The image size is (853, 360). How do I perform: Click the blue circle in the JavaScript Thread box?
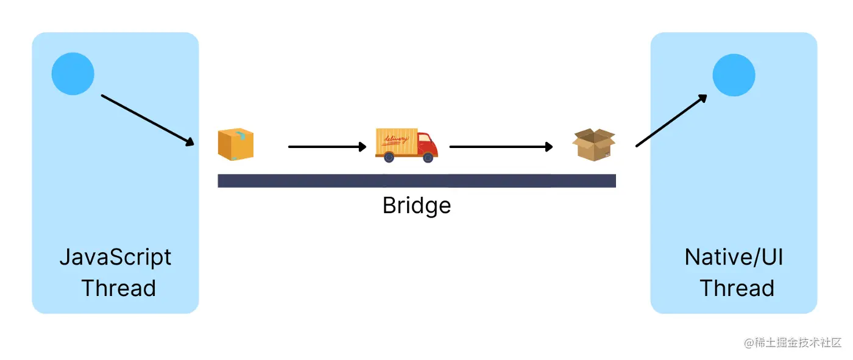73,74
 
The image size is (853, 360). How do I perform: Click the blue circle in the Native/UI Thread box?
734,75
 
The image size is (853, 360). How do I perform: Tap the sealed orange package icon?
236,145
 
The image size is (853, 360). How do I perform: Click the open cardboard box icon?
594,145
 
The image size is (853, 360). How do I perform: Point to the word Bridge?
417,205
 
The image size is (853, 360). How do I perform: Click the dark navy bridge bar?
417,180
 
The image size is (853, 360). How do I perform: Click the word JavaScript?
115,258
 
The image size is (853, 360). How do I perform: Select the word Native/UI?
734,258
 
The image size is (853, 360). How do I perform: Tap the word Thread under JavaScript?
118,288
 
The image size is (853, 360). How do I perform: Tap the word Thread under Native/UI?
737,288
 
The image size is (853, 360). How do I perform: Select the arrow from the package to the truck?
327,147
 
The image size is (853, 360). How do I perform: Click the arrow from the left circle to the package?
147,120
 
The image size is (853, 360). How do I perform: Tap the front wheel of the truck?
428,158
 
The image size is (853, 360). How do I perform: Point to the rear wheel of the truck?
389,158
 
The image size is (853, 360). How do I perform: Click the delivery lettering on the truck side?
395,140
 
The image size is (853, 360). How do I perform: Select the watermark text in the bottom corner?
793,343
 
